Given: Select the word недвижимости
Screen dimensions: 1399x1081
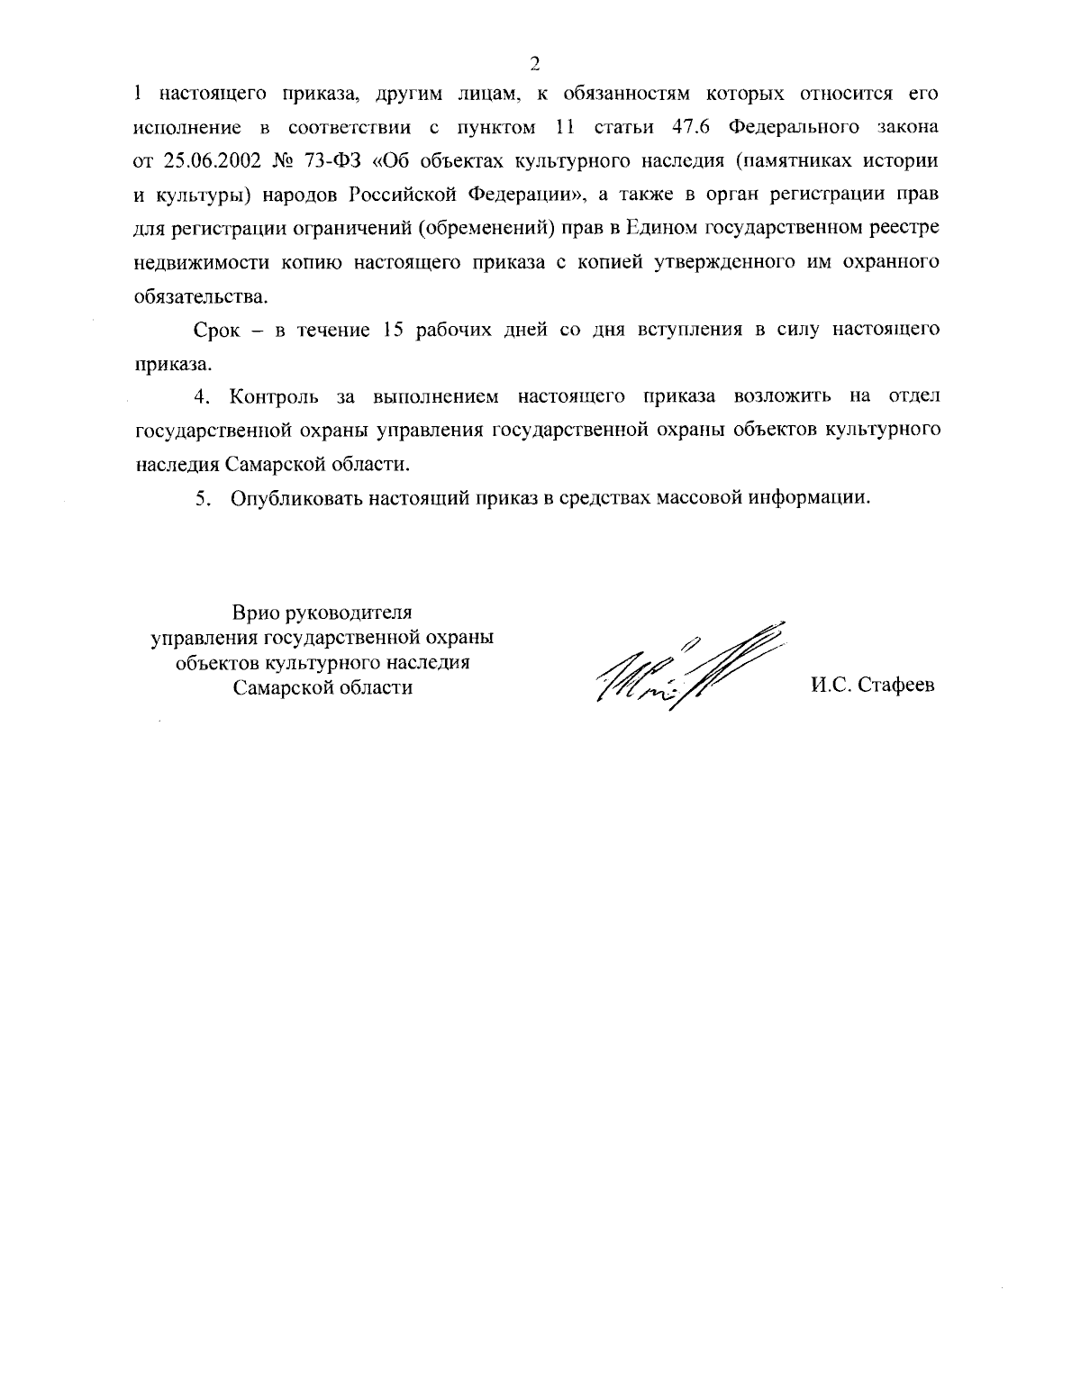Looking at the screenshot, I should [192, 262].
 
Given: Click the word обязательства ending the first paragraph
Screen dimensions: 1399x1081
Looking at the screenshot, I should [201, 296].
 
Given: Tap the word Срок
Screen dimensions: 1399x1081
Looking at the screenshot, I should [217, 330].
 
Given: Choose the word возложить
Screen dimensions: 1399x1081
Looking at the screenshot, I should [783, 397].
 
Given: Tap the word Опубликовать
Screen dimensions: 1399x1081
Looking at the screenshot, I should [295, 498].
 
